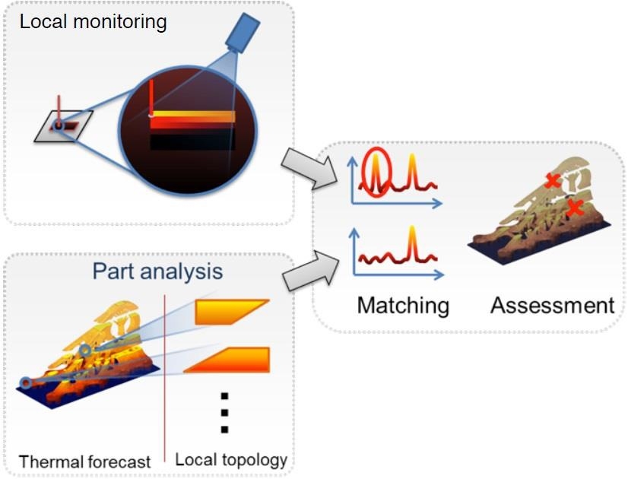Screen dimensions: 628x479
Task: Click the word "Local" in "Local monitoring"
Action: [43, 21]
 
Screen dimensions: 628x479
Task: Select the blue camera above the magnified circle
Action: [243, 33]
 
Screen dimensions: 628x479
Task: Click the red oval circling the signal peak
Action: [376, 173]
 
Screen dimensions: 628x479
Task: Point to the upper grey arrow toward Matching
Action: [309, 168]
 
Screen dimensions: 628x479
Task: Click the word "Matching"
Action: [403, 306]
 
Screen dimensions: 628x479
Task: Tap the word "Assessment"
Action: [552, 305]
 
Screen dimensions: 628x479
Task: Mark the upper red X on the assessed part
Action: [553, 181]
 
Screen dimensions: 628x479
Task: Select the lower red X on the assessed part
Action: [575, 208]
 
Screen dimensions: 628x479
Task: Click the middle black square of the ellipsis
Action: [225, 413]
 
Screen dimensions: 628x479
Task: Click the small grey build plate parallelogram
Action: [64, 126]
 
